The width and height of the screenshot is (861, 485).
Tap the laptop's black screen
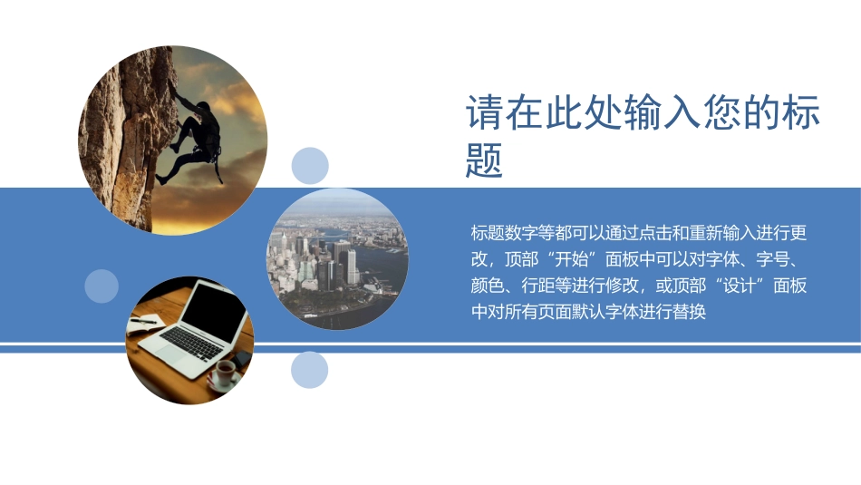coord(217,308)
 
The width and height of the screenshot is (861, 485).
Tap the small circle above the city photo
coord(310,166)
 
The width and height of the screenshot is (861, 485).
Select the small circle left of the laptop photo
coord(102,286)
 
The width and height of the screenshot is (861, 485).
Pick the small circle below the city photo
coord(310,370)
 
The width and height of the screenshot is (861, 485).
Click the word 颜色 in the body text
coord(489,286)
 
